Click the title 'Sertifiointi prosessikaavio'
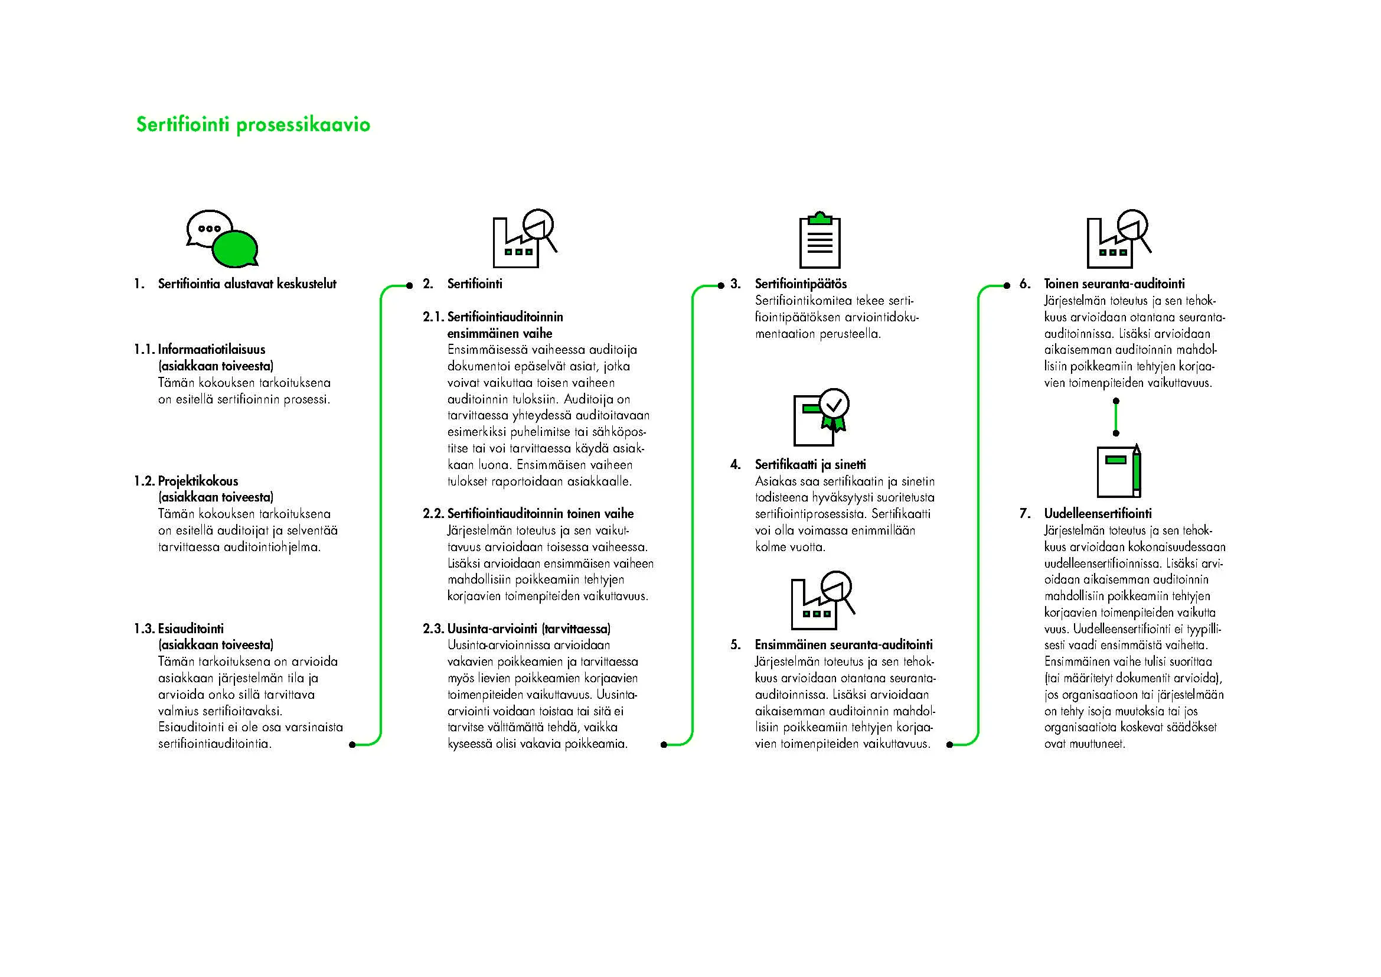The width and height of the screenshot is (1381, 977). click(x=253, y=125)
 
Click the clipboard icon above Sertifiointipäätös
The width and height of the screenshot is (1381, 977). click(x=820, y=241)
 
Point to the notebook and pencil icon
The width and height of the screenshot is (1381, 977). click(x=1119, y=471)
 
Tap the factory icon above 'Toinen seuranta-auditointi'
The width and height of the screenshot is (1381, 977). click(x=1118, y=239)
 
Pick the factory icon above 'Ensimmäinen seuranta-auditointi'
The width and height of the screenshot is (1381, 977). click(x=821, y=600)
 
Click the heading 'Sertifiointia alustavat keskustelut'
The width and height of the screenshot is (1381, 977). click(x=247, y=284)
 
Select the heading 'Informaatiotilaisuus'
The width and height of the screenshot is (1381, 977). click(x=211, y=350)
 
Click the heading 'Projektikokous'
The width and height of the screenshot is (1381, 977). click(x=198, y=481)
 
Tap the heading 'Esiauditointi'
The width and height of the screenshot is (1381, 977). click(x=191, y=628)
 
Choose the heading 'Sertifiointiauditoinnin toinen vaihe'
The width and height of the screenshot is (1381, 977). click(x=540, y=514)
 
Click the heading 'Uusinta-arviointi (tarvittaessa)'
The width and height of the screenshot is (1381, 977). click(x=528, y=628)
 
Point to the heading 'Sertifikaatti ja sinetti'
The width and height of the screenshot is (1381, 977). click(x=810, y=464)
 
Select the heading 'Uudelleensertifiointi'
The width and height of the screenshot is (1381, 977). click(x=1098, y=514)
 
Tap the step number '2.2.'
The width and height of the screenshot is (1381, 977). click(x=433, y=514)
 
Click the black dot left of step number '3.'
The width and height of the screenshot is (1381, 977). click(x=721, y=285)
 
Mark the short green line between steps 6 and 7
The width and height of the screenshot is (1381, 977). click(x=1116, y=417)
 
